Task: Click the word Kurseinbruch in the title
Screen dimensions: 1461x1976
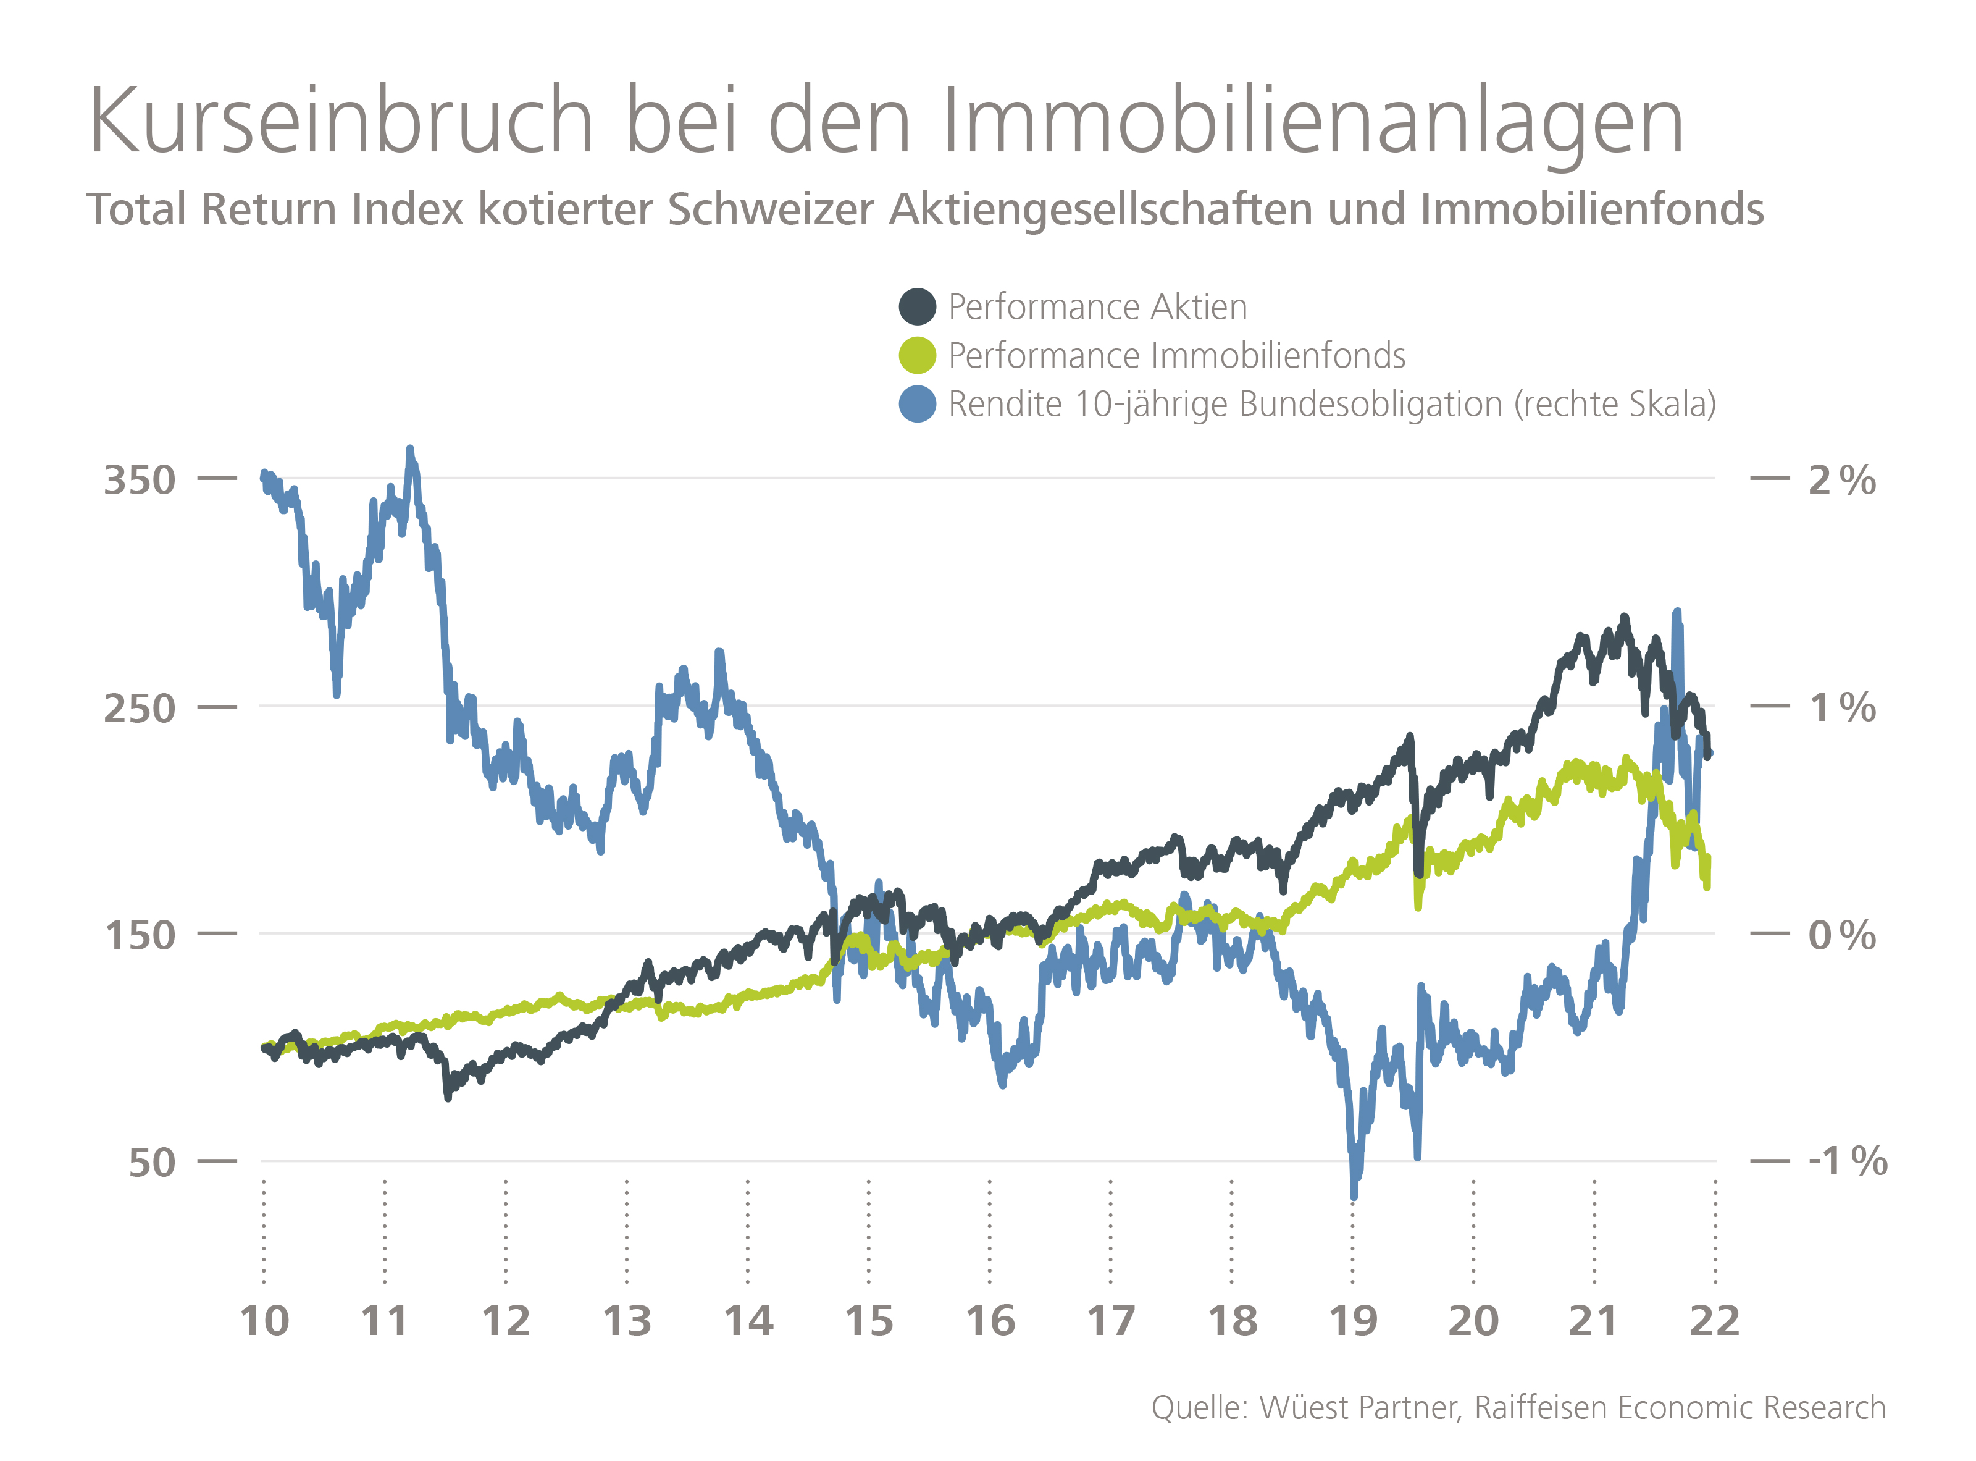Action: pyautogui.click(x=340, y=122)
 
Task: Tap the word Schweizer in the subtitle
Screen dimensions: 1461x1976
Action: pyautogui.click(x=769, y=211)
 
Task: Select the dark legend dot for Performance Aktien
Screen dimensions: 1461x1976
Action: pyautogui.click(x=917, y=307)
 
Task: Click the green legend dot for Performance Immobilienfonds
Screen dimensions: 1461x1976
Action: pyautogui.click(x=917, y=356)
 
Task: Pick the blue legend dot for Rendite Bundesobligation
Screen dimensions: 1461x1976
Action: pyautogui.click(x=917, y=404)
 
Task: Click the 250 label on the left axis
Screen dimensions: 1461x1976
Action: pyautogui.click(x=140, y=709)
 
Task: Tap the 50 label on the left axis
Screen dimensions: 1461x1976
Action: pyautogui.click(x=151, y=1163)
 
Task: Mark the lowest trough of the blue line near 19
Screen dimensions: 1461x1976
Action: pyautogui.click(x=1354, y=1196)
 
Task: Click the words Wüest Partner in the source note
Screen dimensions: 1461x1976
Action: pyautogui.click(x=1358, y=1408)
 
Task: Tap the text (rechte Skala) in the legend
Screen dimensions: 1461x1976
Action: pyautogui.click(x=1614, y=404)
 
